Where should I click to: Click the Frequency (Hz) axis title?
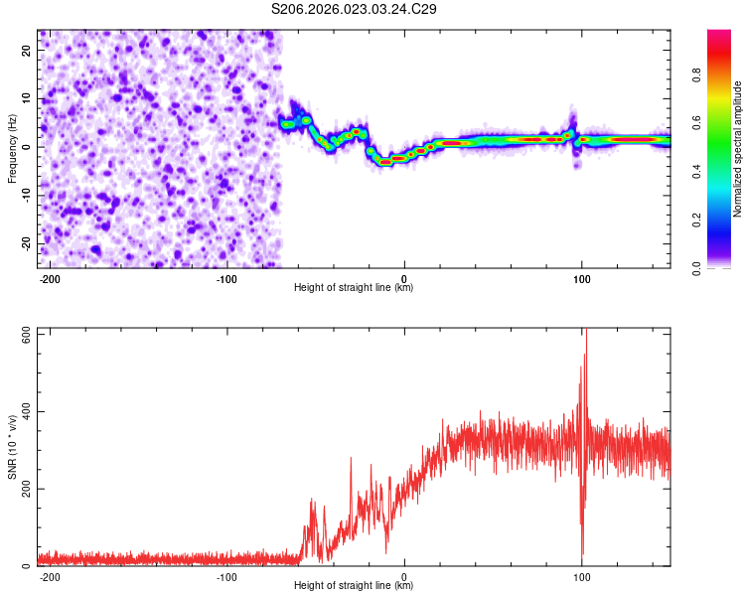pos(12,149)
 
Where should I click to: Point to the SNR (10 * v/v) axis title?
pos(12,448)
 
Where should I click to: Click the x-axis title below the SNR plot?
pos(354,586)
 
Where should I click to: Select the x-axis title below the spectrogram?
pos(354,288)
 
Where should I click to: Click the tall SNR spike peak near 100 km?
pos(585,332)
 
